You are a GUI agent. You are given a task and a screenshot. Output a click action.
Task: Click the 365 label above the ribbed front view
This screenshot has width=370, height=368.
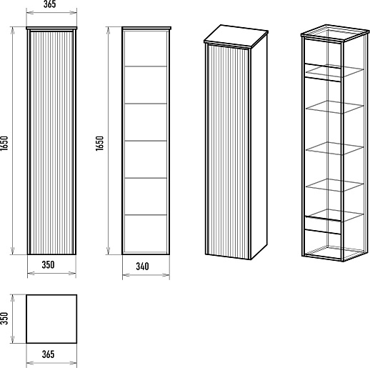tap(50, 4)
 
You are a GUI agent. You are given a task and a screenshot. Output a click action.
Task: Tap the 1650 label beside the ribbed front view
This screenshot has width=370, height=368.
tap(4, 143)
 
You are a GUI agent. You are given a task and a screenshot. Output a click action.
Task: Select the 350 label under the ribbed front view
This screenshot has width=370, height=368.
tap(48, 264)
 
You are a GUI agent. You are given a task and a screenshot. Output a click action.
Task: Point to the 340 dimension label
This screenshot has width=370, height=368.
tap(142, 267)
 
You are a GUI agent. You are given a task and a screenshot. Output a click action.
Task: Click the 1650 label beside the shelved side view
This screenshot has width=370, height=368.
tap(99, 143)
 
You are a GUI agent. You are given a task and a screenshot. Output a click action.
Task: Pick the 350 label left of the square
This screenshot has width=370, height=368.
tap(4, 318)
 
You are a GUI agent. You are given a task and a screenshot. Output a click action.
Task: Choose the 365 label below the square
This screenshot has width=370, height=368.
tap(48, 354)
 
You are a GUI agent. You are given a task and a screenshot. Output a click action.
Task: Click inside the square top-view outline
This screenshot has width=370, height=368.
tap(51, 319)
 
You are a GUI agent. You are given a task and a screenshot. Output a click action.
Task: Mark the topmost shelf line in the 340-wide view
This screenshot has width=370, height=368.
tap(146, 66)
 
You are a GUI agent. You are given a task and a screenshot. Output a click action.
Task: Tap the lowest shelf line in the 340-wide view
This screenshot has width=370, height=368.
tap(146, 215)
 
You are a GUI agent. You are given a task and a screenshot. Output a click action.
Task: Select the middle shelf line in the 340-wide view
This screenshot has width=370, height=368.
tap(146, 141)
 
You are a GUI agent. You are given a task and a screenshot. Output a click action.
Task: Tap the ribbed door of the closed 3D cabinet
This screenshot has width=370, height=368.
tap(228, 151)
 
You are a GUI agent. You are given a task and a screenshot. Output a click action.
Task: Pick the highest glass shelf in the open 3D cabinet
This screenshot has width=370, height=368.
tap(334, 71)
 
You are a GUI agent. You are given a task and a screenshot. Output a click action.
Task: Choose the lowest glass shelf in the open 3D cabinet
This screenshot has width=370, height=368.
tap(334, 215)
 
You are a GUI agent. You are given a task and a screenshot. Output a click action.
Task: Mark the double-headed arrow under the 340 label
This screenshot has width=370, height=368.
tap(146, 275)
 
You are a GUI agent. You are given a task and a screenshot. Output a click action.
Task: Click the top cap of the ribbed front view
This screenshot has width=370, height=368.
tap(51, 28)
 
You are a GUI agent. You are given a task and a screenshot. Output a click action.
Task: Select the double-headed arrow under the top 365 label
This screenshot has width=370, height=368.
tap(51, 12)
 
